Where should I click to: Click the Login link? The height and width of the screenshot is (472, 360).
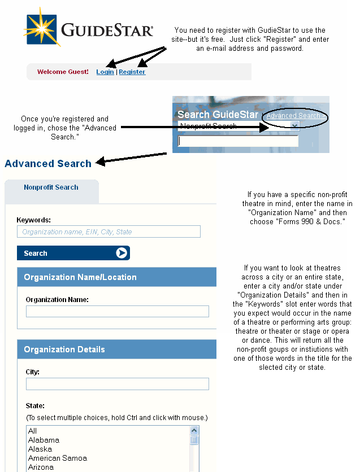pyautogui.click(x=105, y=72)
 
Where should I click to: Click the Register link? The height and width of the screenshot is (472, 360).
pyautogui.click(x=132, y=72)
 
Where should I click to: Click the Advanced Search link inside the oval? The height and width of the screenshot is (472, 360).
pyautogui.click(x=293, y=116)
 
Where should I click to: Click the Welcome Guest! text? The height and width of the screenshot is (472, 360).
pyautogui.click(x=63, y=72)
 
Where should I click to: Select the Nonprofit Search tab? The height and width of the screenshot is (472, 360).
pyautogui.click(x=51, y=187)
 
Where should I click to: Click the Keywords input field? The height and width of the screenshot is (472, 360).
pyautogui.click(x=109, y=231)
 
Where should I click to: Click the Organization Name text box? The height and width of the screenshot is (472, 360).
pyautogui.click(x=117, y=311)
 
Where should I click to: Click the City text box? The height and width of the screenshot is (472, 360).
pyautogui.click(x=117, y=384)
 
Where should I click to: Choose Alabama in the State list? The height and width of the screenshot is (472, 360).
pyautogui.click(x=44, y=440)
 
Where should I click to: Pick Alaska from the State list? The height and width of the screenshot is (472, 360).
pyautogui.click(x=40, y=449)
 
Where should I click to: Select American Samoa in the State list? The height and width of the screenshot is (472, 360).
pyautogui.click(x=57, y=458)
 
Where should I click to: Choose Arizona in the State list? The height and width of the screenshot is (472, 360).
pyautogui.click(x=41, y=467)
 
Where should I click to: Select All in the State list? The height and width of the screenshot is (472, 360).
pyautogui.click(x=32, y=431)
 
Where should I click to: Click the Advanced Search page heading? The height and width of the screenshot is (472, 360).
pyautogui.click(x=48, y=164)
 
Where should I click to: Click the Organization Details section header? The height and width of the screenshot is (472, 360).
pyautogui.click(x=64, y=349)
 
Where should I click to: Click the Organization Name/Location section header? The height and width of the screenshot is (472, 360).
pyautogui.click(x=80, y=277)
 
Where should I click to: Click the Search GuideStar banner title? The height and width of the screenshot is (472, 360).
pyautogui.click(x=218, y=115)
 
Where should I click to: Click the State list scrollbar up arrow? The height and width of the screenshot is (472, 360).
pyautogui.click(x=194, y=431)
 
